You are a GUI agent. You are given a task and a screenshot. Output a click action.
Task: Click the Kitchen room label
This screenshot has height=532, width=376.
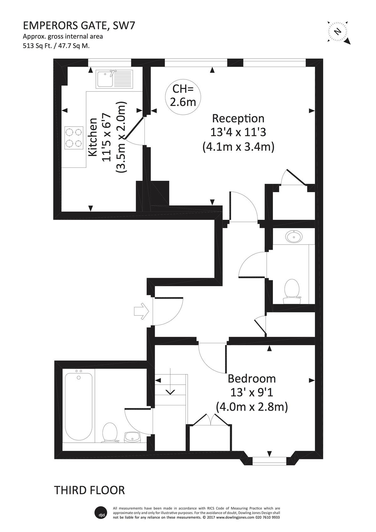click(93, 137)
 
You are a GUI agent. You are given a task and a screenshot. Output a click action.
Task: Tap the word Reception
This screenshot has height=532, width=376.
click(238, 119)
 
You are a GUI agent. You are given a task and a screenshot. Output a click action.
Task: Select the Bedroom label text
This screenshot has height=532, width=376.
click(252, 379)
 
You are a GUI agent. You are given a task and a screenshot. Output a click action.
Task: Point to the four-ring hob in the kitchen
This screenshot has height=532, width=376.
click(74, 138)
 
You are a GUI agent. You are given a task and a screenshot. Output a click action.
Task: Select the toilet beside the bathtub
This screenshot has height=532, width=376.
click(110, 433)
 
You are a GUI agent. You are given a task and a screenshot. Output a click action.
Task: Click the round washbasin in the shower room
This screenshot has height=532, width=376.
click(294, 237)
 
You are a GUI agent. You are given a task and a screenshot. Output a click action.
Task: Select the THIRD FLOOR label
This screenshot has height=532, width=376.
click(90, 484)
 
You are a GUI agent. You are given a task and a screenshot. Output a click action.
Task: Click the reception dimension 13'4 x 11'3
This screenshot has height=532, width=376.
click(238, 133)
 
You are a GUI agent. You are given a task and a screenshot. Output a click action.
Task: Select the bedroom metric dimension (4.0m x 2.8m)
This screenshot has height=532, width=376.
click(252, 407)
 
